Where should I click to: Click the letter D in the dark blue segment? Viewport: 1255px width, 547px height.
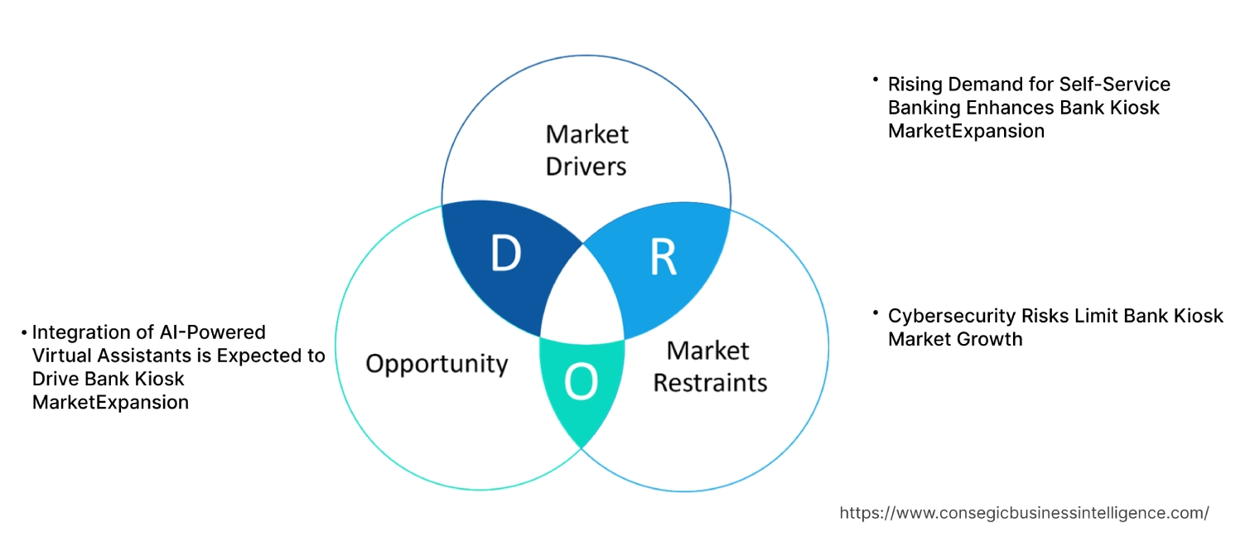click(505, 254)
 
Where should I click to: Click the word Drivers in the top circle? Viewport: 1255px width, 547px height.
click(586, 166)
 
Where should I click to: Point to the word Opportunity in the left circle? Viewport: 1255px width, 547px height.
click(437, 363)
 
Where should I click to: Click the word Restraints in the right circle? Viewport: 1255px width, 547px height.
click(710, 383)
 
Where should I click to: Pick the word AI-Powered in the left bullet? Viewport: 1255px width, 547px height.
click(213, 332)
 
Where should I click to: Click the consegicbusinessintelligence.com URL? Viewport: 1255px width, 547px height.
click(1024, 513)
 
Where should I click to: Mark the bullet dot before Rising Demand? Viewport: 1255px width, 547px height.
click(875, 80)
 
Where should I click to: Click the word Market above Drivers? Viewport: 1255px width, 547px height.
click(586, 133)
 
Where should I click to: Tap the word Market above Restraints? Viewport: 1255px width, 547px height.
click(708, 351)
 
